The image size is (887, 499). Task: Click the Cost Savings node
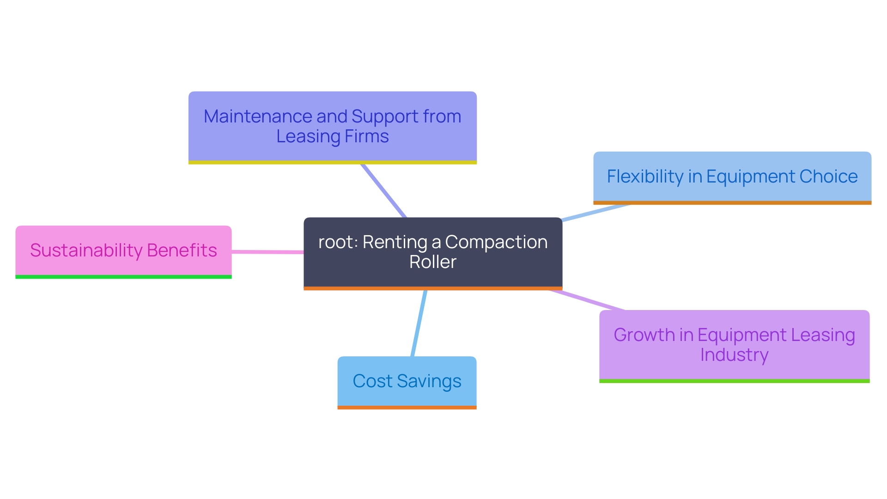point(407,382)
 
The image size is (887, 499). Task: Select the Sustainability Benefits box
point(123,250)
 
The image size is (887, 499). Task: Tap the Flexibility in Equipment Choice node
point(732,177)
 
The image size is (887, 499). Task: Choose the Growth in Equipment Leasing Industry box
point(734,345)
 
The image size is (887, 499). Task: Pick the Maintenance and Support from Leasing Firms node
point(332,126)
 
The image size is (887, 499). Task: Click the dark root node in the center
point(432,252)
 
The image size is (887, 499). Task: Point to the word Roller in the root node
point(432,262)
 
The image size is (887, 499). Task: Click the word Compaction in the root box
point(496,242)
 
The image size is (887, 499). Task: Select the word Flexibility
point(645,177)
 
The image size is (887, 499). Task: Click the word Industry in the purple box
point(734,355)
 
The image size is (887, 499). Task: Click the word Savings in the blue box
point(429,382)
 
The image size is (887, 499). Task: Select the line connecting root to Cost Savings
point(419,323)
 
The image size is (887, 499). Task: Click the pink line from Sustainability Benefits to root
point(267,252)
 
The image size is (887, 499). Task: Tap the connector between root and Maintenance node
point(383,190)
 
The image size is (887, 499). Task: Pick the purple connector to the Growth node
point(587,300)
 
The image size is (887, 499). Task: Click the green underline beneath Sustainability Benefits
point(123,277)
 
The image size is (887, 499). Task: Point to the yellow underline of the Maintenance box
point(332,163)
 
